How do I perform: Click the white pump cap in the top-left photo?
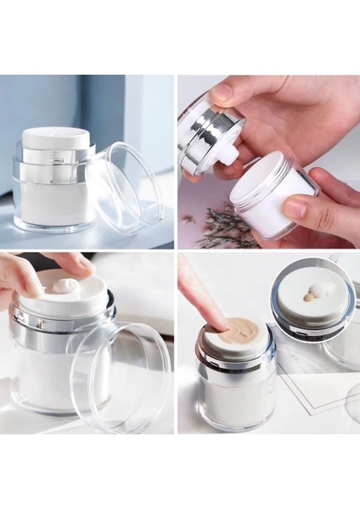tap(56, 138)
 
